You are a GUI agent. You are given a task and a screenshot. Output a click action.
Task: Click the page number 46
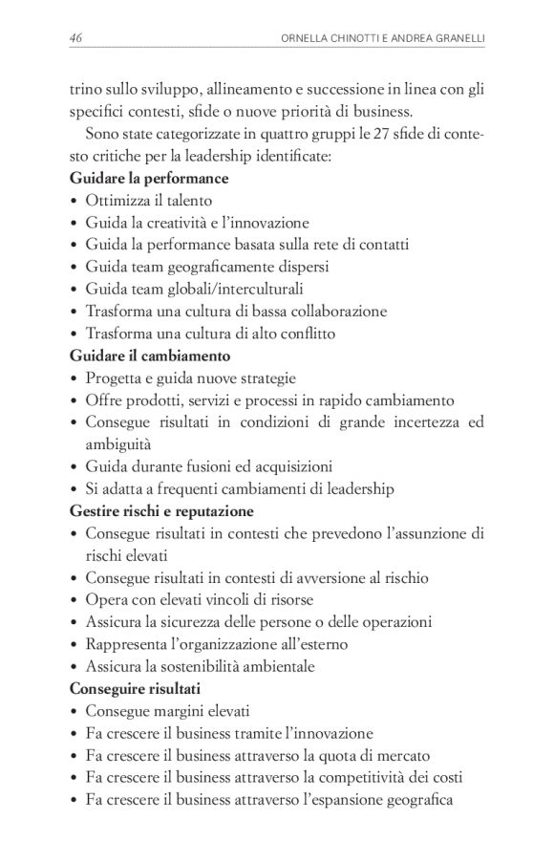(76, 37)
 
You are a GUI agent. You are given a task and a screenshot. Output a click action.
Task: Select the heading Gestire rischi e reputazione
(161, 511)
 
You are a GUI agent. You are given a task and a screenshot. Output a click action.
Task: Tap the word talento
(187, 201)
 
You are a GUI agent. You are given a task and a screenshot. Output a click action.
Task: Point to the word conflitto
(305, 334)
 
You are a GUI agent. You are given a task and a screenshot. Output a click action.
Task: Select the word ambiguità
(118, 444)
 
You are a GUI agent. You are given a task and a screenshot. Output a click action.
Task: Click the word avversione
(325, 578)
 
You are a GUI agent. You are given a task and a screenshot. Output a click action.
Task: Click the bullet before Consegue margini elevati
(75, 712)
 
